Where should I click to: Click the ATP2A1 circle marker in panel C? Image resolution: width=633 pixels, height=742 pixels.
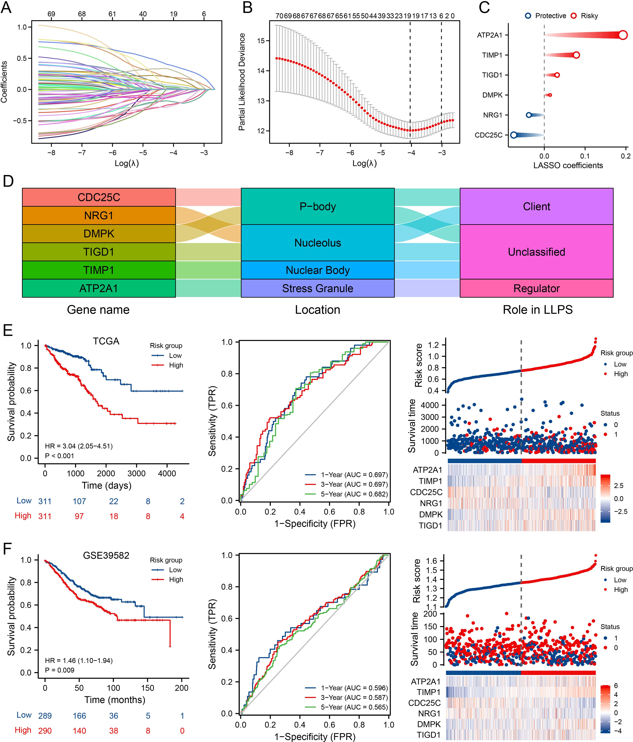click(623, 35)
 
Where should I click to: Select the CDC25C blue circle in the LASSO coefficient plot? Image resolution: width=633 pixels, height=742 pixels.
click(514, 135)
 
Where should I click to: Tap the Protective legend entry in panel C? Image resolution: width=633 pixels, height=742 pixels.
click(546, 16)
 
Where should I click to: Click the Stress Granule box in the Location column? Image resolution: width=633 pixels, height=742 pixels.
click(318, 288)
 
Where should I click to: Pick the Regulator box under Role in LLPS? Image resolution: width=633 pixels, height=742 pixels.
click(536, 288)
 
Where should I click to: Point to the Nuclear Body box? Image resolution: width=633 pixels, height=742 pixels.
click(318, 270)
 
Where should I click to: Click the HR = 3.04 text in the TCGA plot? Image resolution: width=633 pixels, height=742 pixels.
click(79, 446)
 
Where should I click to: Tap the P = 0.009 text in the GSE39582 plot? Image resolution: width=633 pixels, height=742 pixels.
click(59, 670)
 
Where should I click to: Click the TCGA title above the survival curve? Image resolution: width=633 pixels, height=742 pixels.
click(106, 341)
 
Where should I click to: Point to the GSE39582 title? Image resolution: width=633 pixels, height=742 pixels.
click(106, 555)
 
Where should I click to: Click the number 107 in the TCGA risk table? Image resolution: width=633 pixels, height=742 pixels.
click(79, 501)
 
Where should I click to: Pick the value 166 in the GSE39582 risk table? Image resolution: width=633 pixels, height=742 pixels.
click(79, 715)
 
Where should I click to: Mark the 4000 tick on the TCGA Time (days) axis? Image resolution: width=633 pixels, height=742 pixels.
click(167, 473)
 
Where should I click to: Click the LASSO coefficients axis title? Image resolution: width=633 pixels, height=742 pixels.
click(568, 165)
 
